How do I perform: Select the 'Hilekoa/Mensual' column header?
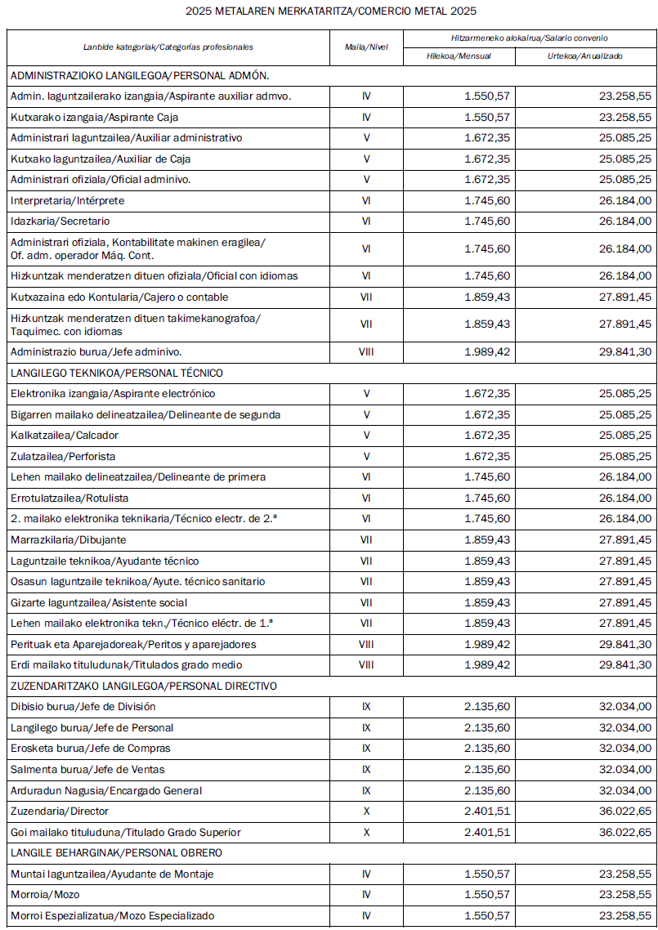click(459, 56)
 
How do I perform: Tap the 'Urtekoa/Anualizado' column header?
click(585, 56)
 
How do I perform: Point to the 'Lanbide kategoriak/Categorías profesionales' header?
click(168, 47)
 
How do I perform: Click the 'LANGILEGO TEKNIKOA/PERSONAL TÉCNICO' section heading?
click(117, 373)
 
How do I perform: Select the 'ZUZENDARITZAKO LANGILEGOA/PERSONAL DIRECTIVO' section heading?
click(144, 686)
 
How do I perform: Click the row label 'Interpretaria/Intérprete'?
click(68, 200)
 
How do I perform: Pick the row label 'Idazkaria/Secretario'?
click(60, 221)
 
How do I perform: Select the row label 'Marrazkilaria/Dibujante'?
click(68, 539)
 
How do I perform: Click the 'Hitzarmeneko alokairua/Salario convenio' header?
click(530, 38)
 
